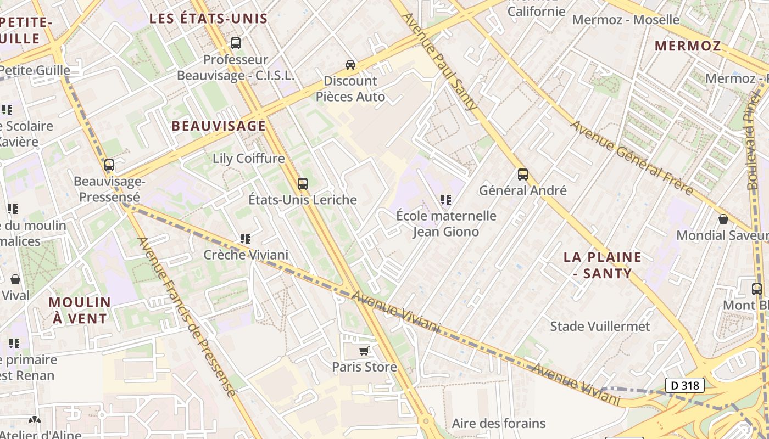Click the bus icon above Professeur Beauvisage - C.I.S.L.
(x=236, y=43)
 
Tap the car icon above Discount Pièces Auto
(x=350, y=65)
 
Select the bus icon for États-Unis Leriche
(x=302, y=184)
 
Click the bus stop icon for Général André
(x=522, y=175)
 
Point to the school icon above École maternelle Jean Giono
(x=445, y=200)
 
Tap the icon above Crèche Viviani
(x=245, y=239)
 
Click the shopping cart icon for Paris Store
(x=364, y=351)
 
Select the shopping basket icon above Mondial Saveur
(x=723, y=219)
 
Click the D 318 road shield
(x=685, y=385)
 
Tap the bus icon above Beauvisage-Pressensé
(x=109, y=165)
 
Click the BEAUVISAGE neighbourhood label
(x=219, y=126)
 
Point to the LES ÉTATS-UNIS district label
(x=209, y=19)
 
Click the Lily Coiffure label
(x=248, y=159)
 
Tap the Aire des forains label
(x=499, y=423)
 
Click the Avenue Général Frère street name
(x=631, y=157)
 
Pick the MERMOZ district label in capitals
(x=688, y=46)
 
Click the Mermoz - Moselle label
(x=626, y=20)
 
